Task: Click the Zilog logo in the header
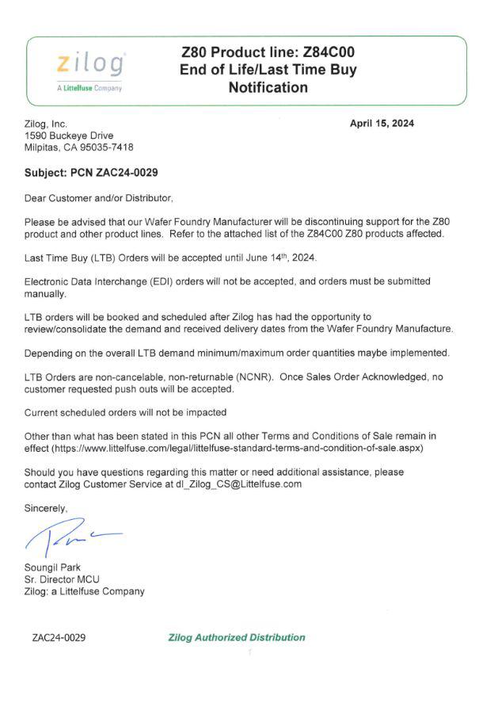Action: (x=89, y=63)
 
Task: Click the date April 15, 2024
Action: (x=382, y=123)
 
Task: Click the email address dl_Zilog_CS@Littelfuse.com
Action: (x=238, y=484)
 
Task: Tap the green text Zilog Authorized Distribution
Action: (x=237, y=637)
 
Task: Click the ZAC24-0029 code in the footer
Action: (x=59, y=637)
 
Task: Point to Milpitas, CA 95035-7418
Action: (x=79, y=147)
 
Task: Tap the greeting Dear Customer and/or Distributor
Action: (x=98, y=197)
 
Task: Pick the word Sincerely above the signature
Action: (x=46, y=508)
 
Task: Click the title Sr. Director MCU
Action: (x=62, y=579)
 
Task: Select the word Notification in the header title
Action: (x=268, y=88)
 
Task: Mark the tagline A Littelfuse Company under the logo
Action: (x=89, y=88)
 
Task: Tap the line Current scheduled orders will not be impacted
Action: (x=126, y=413)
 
